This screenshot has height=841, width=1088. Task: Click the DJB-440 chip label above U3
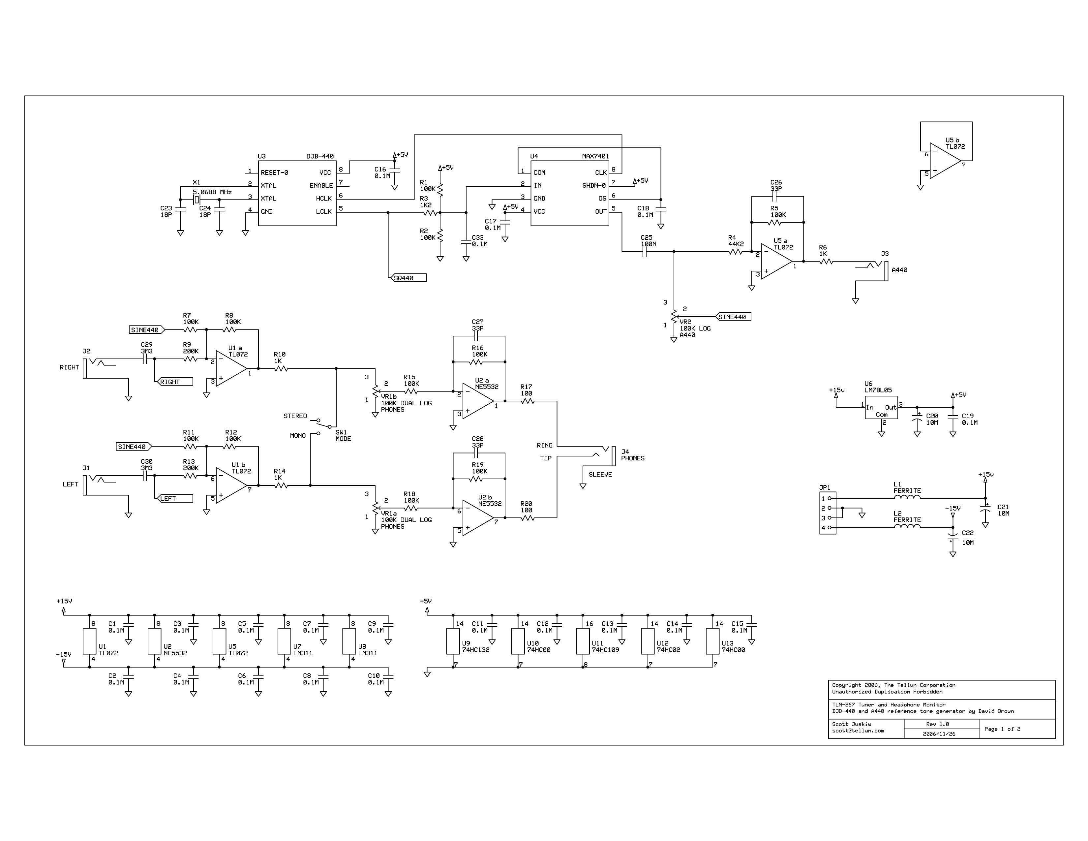click(x=320, y=156)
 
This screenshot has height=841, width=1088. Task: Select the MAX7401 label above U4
click(x=595, y=156)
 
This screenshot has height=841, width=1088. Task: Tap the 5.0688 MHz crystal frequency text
click(x=212, y=192)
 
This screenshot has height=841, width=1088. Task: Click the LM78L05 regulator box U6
click(x=881, y=408)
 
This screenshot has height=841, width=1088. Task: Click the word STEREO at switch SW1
click(x=295, y=416)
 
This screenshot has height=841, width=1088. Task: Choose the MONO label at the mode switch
click(x=298, y=435)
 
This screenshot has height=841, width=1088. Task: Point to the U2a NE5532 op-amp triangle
click(x=478, y=401)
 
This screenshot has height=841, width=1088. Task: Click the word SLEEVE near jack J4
click(x=600, y=474)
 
